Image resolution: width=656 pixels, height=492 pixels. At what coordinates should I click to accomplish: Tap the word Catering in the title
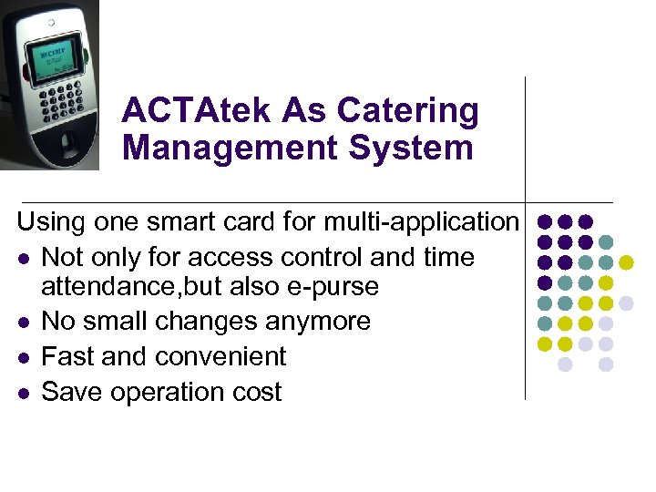point(408,112)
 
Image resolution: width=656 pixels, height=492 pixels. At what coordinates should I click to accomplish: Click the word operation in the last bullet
point(175,393)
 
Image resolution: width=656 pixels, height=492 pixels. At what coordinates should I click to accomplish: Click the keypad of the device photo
point(58,102)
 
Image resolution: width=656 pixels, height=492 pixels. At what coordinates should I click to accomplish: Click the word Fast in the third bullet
point(70,356)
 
